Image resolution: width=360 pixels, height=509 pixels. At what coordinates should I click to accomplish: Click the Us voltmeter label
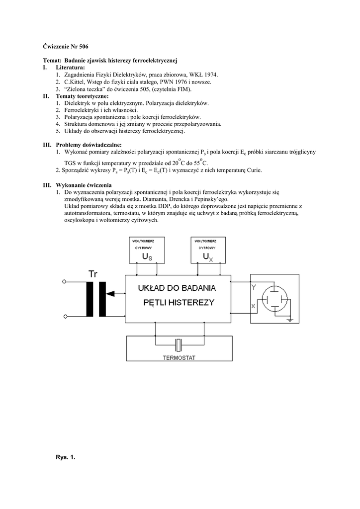point(147,256)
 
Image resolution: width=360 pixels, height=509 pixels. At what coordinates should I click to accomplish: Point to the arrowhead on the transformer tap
point(110,293)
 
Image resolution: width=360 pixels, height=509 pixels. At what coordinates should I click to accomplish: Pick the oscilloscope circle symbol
point(274,299)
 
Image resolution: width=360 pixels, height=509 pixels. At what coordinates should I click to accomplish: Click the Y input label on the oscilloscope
point(254,287)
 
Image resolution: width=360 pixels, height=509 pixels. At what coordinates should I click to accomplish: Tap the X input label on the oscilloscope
point(254,307)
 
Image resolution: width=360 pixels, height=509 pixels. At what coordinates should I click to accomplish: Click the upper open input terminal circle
point(64,282)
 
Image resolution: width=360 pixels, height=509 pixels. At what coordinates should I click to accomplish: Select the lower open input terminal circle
point(64,316)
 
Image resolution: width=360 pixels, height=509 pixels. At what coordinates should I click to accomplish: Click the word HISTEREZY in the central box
point(189,302)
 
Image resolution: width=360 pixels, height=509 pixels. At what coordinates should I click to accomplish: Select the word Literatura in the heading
point(70,67)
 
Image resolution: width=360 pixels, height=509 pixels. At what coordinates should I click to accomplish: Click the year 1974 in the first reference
point(209,74)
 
